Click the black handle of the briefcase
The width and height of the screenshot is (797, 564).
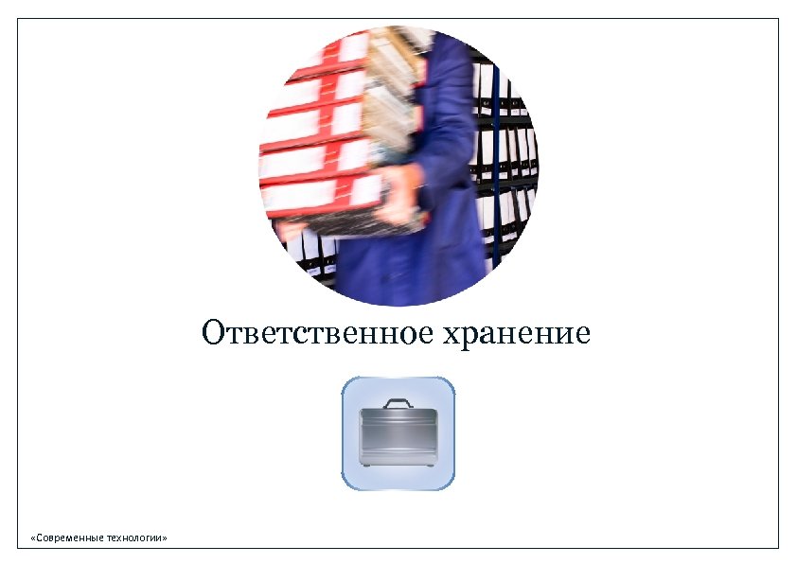coord(398,403)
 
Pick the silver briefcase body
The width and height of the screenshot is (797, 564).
coord(398,435)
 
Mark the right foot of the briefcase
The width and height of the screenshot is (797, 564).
coord(430,466)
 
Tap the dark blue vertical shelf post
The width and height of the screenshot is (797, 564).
coord(495,151)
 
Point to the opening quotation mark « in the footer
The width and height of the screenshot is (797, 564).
coord(33,538)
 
